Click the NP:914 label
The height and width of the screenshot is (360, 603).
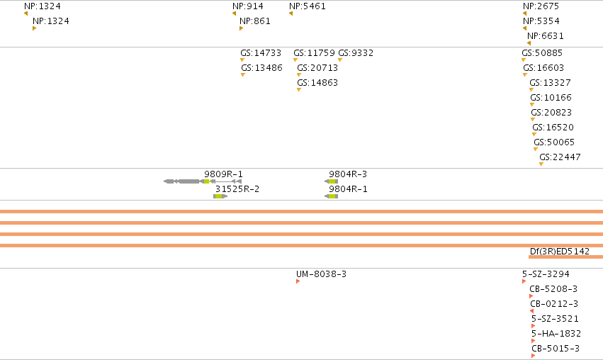248,6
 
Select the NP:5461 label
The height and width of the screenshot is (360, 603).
308,6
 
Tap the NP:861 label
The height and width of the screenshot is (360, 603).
255,21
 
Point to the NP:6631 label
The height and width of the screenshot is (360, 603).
546,36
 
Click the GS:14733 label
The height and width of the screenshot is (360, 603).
261,53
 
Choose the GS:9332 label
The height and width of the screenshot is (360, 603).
356,53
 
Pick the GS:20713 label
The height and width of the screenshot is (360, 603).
317,68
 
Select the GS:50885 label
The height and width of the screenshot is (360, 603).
542,53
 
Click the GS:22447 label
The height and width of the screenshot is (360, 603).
560,157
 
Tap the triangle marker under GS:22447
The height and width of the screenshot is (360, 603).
541,164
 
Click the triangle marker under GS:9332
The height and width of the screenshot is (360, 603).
340,60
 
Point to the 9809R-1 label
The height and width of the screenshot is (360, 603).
223,174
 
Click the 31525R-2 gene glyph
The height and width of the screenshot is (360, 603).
220,196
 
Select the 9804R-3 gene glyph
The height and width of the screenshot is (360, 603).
331,181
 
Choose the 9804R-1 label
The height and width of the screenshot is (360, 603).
348,189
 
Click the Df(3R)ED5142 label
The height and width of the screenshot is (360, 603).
560,252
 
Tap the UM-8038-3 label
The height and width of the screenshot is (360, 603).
321,274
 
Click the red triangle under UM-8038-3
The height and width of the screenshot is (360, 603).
298,281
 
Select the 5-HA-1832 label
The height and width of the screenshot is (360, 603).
556,334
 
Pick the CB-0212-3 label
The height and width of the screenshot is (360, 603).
554,304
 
